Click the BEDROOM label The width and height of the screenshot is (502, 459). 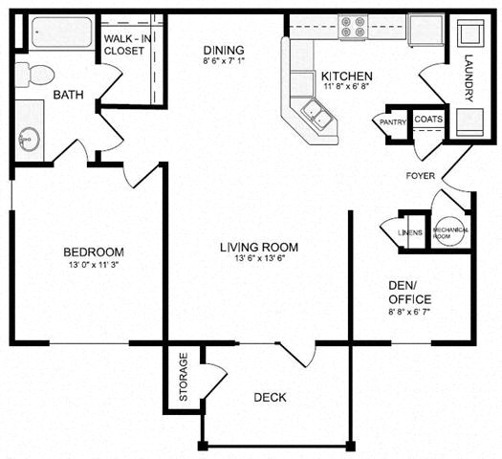click(94, 251)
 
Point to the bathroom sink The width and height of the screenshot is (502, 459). click(26, 136)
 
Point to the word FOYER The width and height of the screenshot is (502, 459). click(422, 176)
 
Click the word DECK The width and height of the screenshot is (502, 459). click(271, 397)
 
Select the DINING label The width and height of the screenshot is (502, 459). click(225, 51)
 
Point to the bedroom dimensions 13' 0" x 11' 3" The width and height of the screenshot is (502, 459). click(94, 266)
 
